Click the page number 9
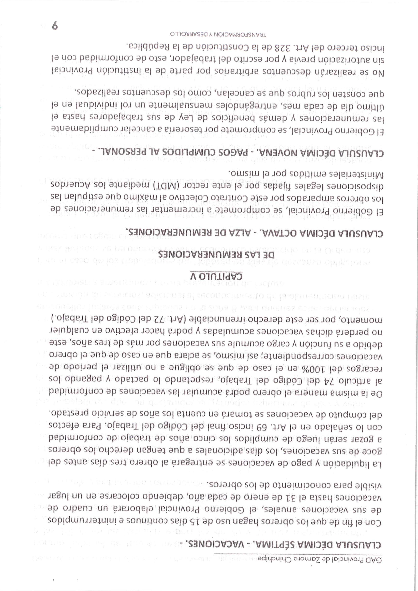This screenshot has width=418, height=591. point(55,26)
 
